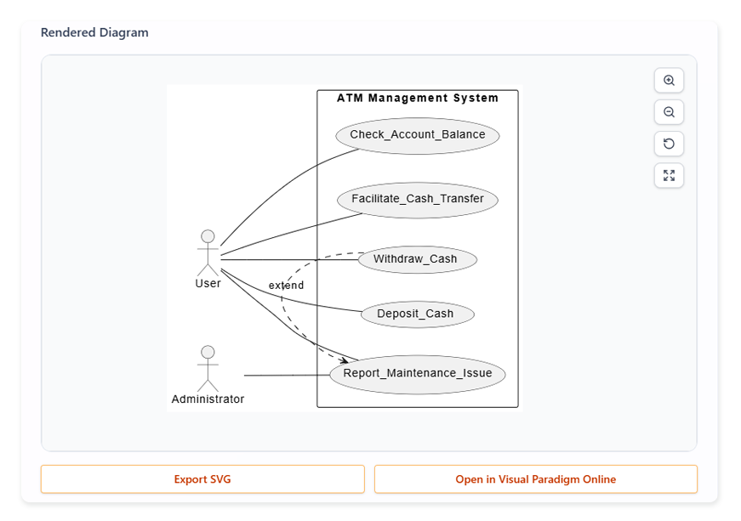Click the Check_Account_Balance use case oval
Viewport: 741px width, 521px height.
[417, 135]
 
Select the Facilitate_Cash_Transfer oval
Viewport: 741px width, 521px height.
[417, 199]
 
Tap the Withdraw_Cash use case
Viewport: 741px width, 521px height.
[417, 259]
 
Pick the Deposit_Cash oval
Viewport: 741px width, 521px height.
[417, 314]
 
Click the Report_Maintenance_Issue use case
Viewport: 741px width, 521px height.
[417, 374]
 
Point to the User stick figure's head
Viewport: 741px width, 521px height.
[207, 236]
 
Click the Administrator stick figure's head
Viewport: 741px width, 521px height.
[207, 352]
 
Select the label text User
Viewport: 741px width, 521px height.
[208, 284]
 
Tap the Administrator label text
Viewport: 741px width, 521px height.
[208, 399]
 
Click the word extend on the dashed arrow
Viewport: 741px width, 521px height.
[286, 286]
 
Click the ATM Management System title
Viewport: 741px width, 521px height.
[417, 98]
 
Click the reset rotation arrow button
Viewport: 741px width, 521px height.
[669, 144]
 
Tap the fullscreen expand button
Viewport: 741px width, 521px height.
[669, 176]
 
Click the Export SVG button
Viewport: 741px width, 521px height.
[202, 479]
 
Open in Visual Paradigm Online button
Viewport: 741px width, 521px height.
[535, 479]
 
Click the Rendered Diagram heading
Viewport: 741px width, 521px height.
[94, 33]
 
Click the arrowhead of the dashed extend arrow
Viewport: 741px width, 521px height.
[343, 361]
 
